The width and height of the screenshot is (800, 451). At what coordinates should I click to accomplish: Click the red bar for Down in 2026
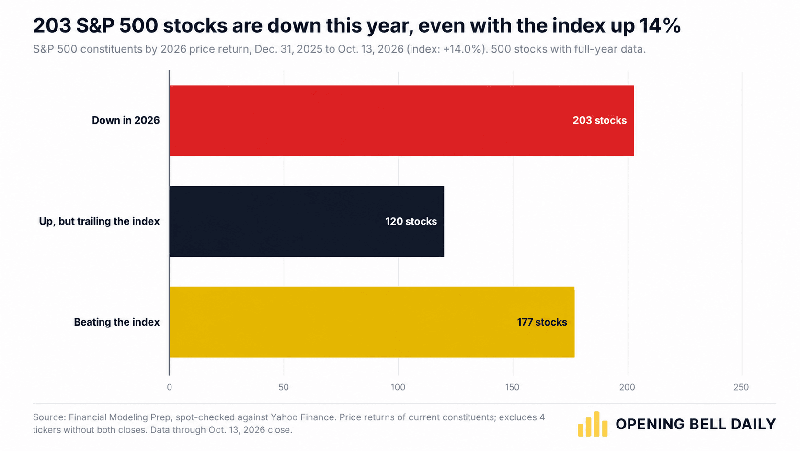click(401, 121)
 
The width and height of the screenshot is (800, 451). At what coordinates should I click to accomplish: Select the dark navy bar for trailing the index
click(307, 221)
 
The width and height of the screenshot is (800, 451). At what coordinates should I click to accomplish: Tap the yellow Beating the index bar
click(372, 322)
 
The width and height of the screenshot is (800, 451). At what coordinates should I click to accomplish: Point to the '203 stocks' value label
click(599, 120)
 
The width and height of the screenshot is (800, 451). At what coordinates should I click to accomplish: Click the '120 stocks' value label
click(411, 221)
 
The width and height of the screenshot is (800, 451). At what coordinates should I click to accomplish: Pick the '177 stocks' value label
click(542, 322)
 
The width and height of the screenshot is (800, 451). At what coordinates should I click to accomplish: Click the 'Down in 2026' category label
click(126, 120)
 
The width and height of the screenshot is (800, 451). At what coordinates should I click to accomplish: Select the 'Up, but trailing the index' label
click(99, 221)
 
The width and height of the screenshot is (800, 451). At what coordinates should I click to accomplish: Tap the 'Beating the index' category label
click(116, 322)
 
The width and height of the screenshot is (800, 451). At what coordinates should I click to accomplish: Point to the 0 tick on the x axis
click(169, 387)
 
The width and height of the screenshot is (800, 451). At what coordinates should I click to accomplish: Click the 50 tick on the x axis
click(284, 387)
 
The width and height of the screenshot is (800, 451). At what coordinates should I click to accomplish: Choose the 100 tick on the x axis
click(398, 387)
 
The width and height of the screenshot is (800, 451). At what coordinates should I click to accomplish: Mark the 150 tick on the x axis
click(512, 387)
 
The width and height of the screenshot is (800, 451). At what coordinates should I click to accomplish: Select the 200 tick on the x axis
click(627, 387)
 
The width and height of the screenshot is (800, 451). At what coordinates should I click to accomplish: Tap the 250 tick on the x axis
click(741, 387)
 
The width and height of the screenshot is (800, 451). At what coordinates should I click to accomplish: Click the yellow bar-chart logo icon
click(593, 424)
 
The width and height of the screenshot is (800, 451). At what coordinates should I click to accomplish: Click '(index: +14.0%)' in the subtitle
click(446, 49)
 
